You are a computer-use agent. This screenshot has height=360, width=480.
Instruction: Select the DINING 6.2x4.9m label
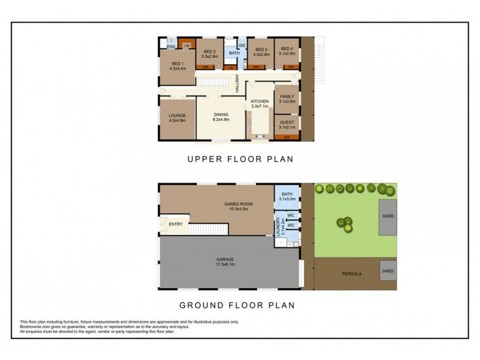point(221,118)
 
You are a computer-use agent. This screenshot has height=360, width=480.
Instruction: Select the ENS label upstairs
point(170,46)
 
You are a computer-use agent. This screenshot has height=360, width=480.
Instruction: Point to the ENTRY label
point(176,224)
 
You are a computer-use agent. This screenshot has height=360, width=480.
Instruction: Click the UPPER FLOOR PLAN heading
point(240,160)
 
